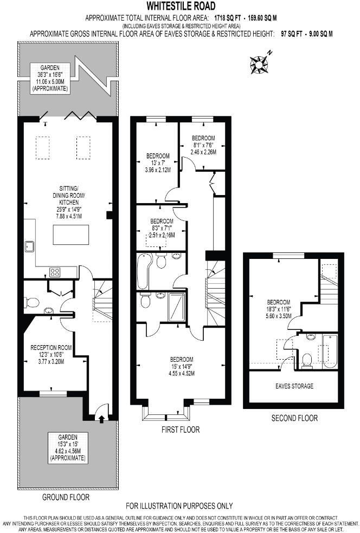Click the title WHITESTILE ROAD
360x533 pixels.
(180, 6)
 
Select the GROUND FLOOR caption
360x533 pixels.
(66, 497)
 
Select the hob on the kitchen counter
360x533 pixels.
(55, 272)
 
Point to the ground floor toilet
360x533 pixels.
(33, 302)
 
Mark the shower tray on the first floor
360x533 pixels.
(177, 307)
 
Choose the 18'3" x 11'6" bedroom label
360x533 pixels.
(278, 309)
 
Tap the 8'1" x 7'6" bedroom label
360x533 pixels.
(203, 145)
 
